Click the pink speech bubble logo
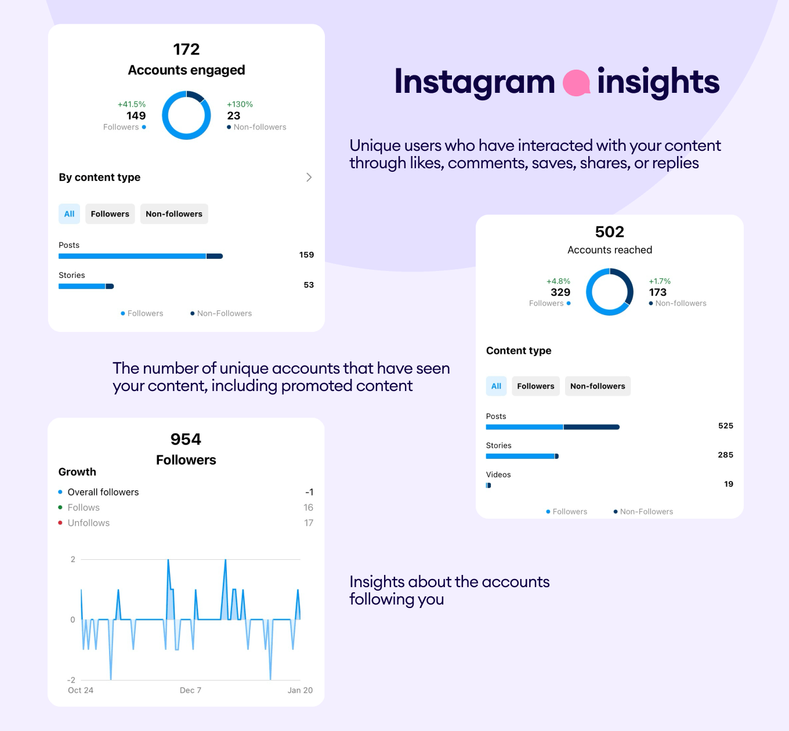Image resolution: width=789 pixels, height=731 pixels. pyautogui.click(x=576, y=82)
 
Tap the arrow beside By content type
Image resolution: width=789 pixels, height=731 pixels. pyautogui.click(x=309, y=177)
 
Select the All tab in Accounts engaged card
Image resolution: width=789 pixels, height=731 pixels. pyautogui.click(x=69, y=213)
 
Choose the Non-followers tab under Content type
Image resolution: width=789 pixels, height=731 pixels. pyautogui.click(x=598, y=386)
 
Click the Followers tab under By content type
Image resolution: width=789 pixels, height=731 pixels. pyautogui.click(x=110, y=213)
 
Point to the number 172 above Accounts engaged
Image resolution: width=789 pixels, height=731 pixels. pyautogui.click(x=186, y=49)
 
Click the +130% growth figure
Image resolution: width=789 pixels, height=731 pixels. pyautogui.click(x=240, y=104)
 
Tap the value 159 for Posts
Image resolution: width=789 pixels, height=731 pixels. pyautogui.click(x=306, y=255)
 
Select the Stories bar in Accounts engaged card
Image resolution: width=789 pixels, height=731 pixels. pyautogui.click(x=86, y=286)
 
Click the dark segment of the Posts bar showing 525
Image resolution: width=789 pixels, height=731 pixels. pyautogui.click(x=592, y=427)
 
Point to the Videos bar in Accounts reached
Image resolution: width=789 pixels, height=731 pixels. pyautogui.click(x=488, y=485)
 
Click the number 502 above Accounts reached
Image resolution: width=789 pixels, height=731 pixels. pyautogui.click(x=609, y=231)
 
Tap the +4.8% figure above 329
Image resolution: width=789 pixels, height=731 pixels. pyautogui.click(x=558, y=281)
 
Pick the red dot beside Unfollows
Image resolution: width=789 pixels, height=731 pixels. pyautogui.click(x=60, y=522)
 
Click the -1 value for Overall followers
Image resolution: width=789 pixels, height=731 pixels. pyautogui.click(x=309, y=492)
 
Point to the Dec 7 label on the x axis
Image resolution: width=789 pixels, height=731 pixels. pyautogui.click(x=190, y=690)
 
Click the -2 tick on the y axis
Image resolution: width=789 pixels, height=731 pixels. pyautogui.click(x=71, y=680)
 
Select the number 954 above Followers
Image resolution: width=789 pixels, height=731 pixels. pyautogui.click(x=186, y=439)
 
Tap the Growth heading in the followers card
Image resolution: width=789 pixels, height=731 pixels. pyautogui.click(x=77, y=472)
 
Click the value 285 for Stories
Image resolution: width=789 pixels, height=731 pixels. pyautogui.click(x=725, y=455)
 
